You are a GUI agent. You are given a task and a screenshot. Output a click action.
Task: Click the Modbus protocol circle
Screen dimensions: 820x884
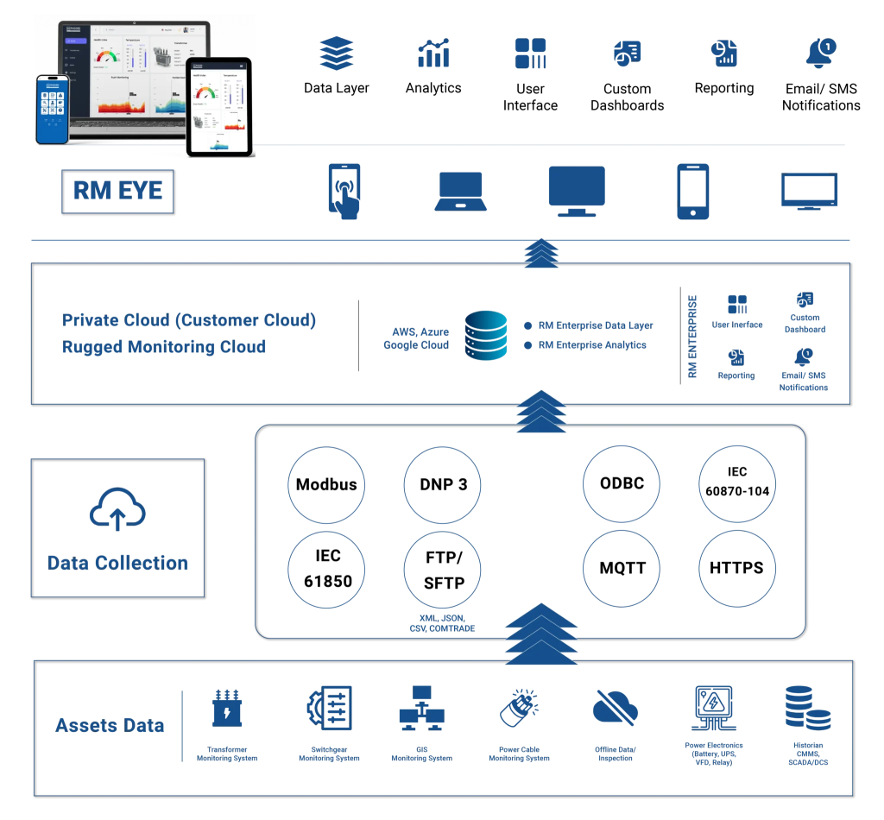[326, 484]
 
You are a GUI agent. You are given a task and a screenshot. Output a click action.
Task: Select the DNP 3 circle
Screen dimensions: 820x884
[443, 484]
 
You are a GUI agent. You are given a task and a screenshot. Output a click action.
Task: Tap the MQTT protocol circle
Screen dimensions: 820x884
[622, 568]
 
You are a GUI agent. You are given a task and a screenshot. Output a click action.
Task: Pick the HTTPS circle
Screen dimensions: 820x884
[736, 568]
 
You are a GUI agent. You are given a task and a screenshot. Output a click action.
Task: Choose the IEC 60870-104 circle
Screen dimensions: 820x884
[736, 483]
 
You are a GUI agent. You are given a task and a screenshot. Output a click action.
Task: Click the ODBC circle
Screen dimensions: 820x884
[622, 483]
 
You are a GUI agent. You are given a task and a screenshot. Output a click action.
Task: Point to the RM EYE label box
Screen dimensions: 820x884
[117, 192]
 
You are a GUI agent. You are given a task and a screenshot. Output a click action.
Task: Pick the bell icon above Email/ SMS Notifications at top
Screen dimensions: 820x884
[821, 54]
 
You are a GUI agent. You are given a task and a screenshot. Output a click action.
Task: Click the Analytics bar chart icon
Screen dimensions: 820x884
[433, 54]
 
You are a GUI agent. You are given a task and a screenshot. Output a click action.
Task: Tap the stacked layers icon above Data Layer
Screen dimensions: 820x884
[337, 54]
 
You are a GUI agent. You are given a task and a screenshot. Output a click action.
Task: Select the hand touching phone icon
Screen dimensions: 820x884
[345, 191]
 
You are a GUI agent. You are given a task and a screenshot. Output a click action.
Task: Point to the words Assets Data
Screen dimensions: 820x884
[110, 725]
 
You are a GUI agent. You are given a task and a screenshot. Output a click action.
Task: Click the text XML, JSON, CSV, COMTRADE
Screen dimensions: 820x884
[442, 623]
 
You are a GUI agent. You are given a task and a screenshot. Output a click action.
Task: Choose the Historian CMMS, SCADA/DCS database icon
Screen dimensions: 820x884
[807, 709]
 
